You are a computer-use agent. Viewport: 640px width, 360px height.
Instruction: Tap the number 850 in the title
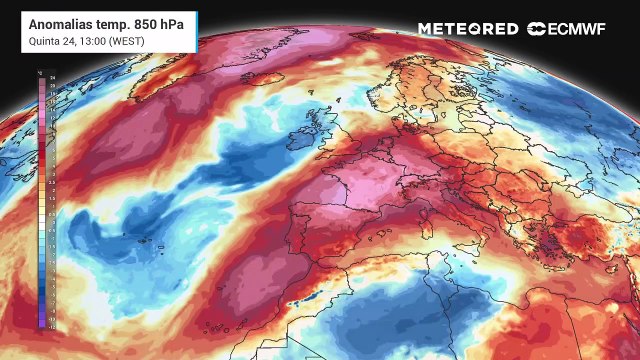click(x=148, y=22)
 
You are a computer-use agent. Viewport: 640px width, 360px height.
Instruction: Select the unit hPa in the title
click(x=179, y=22)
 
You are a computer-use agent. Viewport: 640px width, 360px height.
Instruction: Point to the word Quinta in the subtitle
click(x=44, y=40)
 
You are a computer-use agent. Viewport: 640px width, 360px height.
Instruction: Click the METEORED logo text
click(x=468, y=29)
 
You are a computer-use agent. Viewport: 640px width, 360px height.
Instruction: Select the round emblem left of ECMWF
click(x=535, y=29)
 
